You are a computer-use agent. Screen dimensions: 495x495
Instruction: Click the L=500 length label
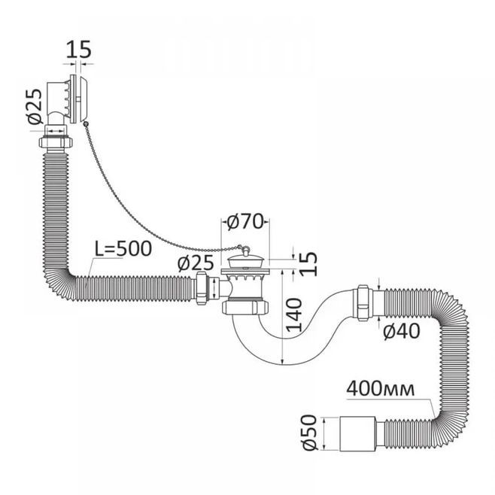pos(123,249)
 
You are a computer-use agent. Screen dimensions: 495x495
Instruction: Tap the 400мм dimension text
pos(381,389)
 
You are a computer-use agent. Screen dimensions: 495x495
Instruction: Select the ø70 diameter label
pos(245,221)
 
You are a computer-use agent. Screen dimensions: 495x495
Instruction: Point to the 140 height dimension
pos(294,314)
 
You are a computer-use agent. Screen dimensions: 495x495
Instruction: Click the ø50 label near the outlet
pos(309,432)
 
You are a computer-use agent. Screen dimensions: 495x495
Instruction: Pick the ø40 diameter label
pos(402,331)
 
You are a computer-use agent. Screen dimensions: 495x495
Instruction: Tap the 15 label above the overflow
pos(78,49)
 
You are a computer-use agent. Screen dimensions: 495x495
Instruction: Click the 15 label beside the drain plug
pos(308,263)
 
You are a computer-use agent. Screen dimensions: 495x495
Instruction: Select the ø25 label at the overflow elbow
pos(35,106)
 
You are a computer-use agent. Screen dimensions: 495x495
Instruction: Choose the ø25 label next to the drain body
pos(196,263)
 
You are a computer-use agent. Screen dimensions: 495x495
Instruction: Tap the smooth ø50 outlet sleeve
pos(357,433)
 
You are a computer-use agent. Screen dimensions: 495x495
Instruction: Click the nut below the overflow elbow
pos(56,141)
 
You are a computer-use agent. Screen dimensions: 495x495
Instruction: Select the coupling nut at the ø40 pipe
pos(363,302)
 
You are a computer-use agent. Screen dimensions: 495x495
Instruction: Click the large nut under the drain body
pos(245,307)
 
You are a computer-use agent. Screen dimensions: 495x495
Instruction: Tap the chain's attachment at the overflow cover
pos(85,125)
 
